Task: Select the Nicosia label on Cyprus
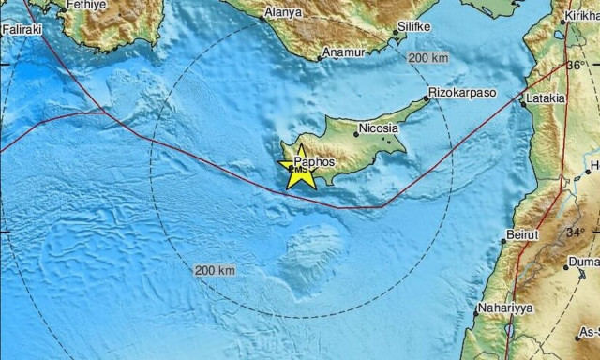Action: pyautogui.click(x=379, y=131)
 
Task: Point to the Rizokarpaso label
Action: pyautogui.click(x=461, y=94)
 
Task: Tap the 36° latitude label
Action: pyautogui.click(x=574, y=66)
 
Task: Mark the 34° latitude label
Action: pyautogui.click(x=575, y=232)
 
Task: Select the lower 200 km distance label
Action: pyautogui.click(x=214, y=271)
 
